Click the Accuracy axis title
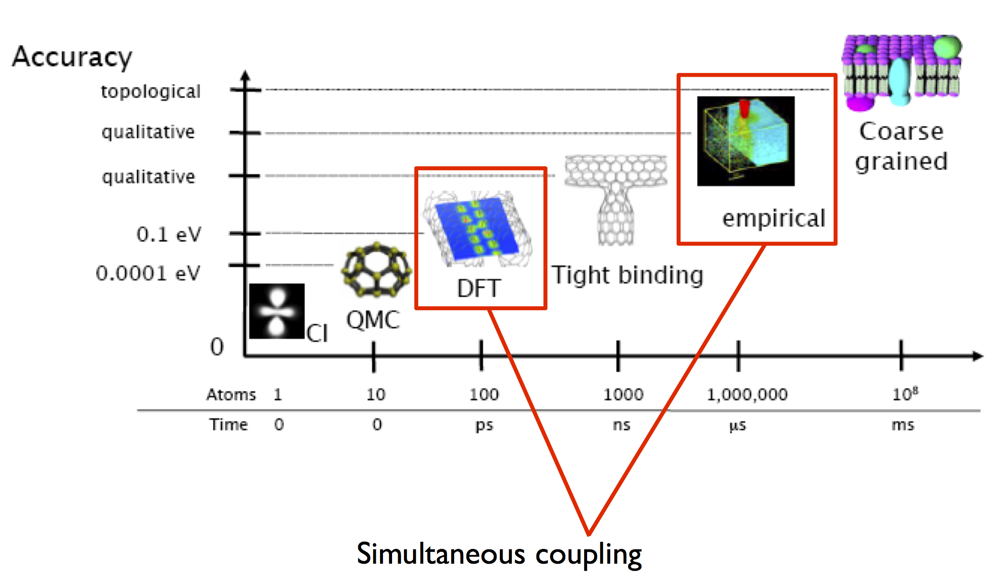click(x=72, y=57)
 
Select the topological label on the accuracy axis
click(x=151, y=91)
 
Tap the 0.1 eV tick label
click(x=169, y=234)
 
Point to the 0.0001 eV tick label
click(x=148, y=274)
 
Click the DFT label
click(x=478, y=288)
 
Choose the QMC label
click(x=373, y=320)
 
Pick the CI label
click(x=317, y=333)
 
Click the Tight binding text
click(x=628, y=275)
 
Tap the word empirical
click(x=774, y=219)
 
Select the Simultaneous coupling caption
click(x=499, y=554)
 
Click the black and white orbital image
click(x=277, y=311)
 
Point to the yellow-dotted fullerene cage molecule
click(x=377, y=269)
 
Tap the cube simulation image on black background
click(x=745, y=141)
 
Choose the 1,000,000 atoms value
click(x=747, y=395)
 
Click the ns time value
click(x=621, y=425)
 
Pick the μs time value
click(x=737, y=425)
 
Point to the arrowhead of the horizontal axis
click(x=978, y=356)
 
